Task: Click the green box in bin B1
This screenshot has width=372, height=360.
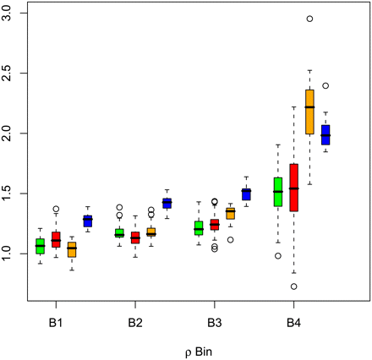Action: click(x=40, y=246)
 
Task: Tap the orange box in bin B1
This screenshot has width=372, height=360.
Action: click(x=71, y=249)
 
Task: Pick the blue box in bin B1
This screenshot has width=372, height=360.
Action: click(x=87, y=221)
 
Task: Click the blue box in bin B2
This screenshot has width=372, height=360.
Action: click(x=167, y=203)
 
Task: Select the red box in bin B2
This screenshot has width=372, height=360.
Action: click(x=135, y=237)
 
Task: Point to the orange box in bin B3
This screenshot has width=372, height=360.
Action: click(x=230, y=214)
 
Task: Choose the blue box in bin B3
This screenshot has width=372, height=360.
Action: click(x=246, y=194)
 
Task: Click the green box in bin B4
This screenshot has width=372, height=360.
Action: click(x=278, y=192)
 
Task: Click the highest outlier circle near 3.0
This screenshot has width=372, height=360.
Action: click(x=309, y=19)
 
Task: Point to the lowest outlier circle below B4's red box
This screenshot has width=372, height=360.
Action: click(x=293, y=286)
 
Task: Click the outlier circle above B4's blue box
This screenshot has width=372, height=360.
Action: click(x=325, y=85)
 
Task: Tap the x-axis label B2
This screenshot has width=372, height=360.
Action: click(x=135, y=324)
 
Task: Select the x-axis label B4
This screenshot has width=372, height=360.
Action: click(x=294, y=324)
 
